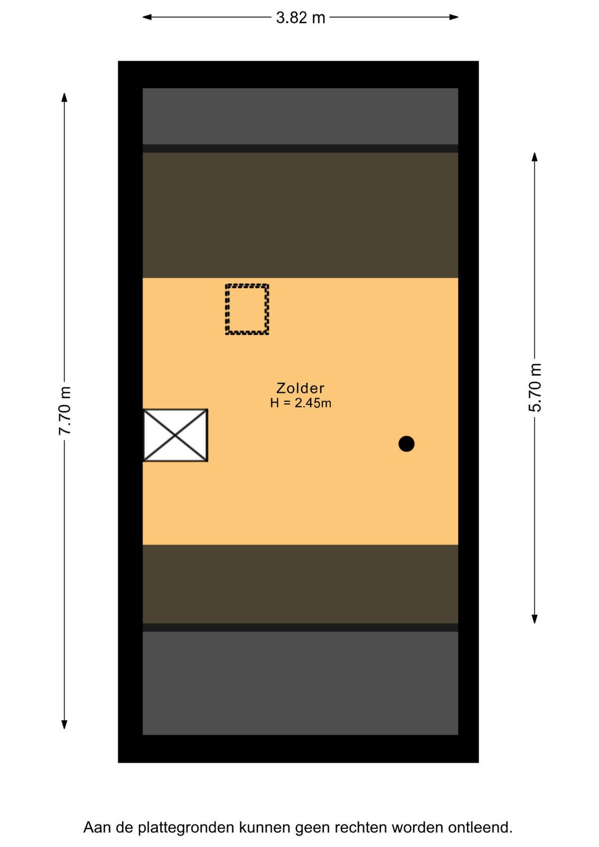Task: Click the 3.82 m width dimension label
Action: coord(301,18)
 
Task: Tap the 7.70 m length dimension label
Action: coord(65,411)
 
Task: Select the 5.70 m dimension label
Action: coord(535,387)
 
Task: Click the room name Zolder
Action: coord(301,389)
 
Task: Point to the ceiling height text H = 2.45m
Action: coord(301,403)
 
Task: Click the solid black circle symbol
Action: coord(406,444)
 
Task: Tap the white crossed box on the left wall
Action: coord(175,435)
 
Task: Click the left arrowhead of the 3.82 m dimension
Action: coord(147,17)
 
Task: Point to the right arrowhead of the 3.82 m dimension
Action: coord(454,17)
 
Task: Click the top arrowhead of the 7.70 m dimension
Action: coord(65,97)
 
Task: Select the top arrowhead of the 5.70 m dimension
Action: coord(534,157)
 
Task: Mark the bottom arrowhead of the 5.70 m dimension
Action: coord(534,619)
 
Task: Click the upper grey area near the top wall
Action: coord(301,116)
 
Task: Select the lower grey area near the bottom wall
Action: coord(301,683)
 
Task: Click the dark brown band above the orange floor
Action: coord(301,215)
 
